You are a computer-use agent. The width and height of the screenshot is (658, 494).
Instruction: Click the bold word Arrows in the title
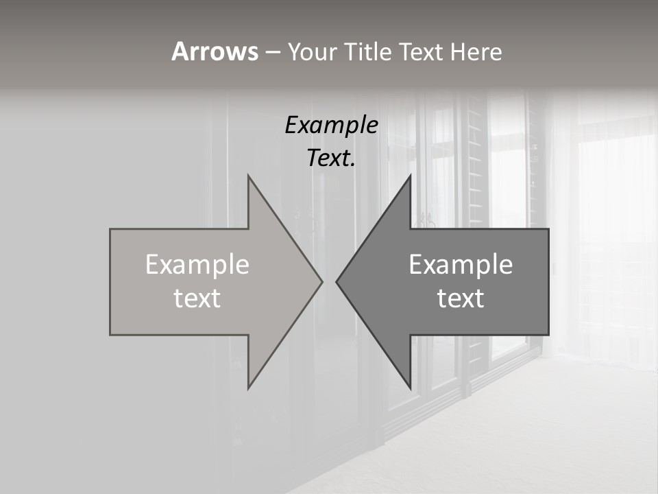click(215, 51)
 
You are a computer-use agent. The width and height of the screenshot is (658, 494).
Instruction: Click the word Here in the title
click(476, 51)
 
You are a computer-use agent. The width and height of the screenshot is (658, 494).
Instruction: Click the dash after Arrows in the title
click(272, 52)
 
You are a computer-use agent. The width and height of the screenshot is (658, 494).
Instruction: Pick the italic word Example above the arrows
click(332, 126)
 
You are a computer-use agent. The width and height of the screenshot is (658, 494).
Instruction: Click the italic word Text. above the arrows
click(332, 158)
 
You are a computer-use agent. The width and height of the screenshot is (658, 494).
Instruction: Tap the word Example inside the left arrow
click(197, 265)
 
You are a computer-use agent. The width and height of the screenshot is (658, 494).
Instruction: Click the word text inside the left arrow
click(197, 298)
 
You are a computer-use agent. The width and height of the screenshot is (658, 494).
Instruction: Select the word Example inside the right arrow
click(461, 265)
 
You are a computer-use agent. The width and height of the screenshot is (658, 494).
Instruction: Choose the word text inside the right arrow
click(461, 298)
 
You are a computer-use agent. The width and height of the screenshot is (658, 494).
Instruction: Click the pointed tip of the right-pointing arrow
click(322, 281)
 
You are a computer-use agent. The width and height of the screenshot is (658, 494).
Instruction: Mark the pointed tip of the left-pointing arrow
click(336, 281)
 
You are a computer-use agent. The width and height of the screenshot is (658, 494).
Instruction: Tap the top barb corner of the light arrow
click(248, 176)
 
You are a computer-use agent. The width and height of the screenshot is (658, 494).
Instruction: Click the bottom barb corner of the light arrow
click(248, 388)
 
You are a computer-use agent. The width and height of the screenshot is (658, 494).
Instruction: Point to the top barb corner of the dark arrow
click(411, 176)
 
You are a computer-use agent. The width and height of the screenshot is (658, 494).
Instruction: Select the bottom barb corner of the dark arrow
click(411, 388)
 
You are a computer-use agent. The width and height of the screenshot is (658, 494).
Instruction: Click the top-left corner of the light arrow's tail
click(110, 229)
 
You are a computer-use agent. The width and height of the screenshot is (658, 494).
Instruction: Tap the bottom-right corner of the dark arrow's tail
click(548, 335)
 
